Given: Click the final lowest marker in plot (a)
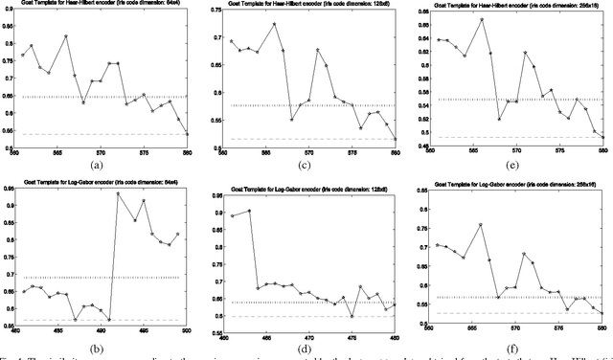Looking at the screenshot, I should pyautogui.click(x=187, y=134).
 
